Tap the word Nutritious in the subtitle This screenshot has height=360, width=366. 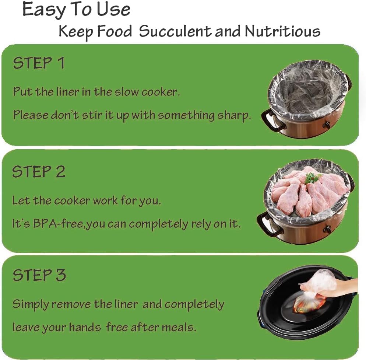click(x=282, y=32)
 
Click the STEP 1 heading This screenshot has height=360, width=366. click(x=39, y=63)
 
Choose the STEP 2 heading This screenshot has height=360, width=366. click(x=39, y=172)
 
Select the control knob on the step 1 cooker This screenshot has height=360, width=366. click(x=325, y=125)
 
